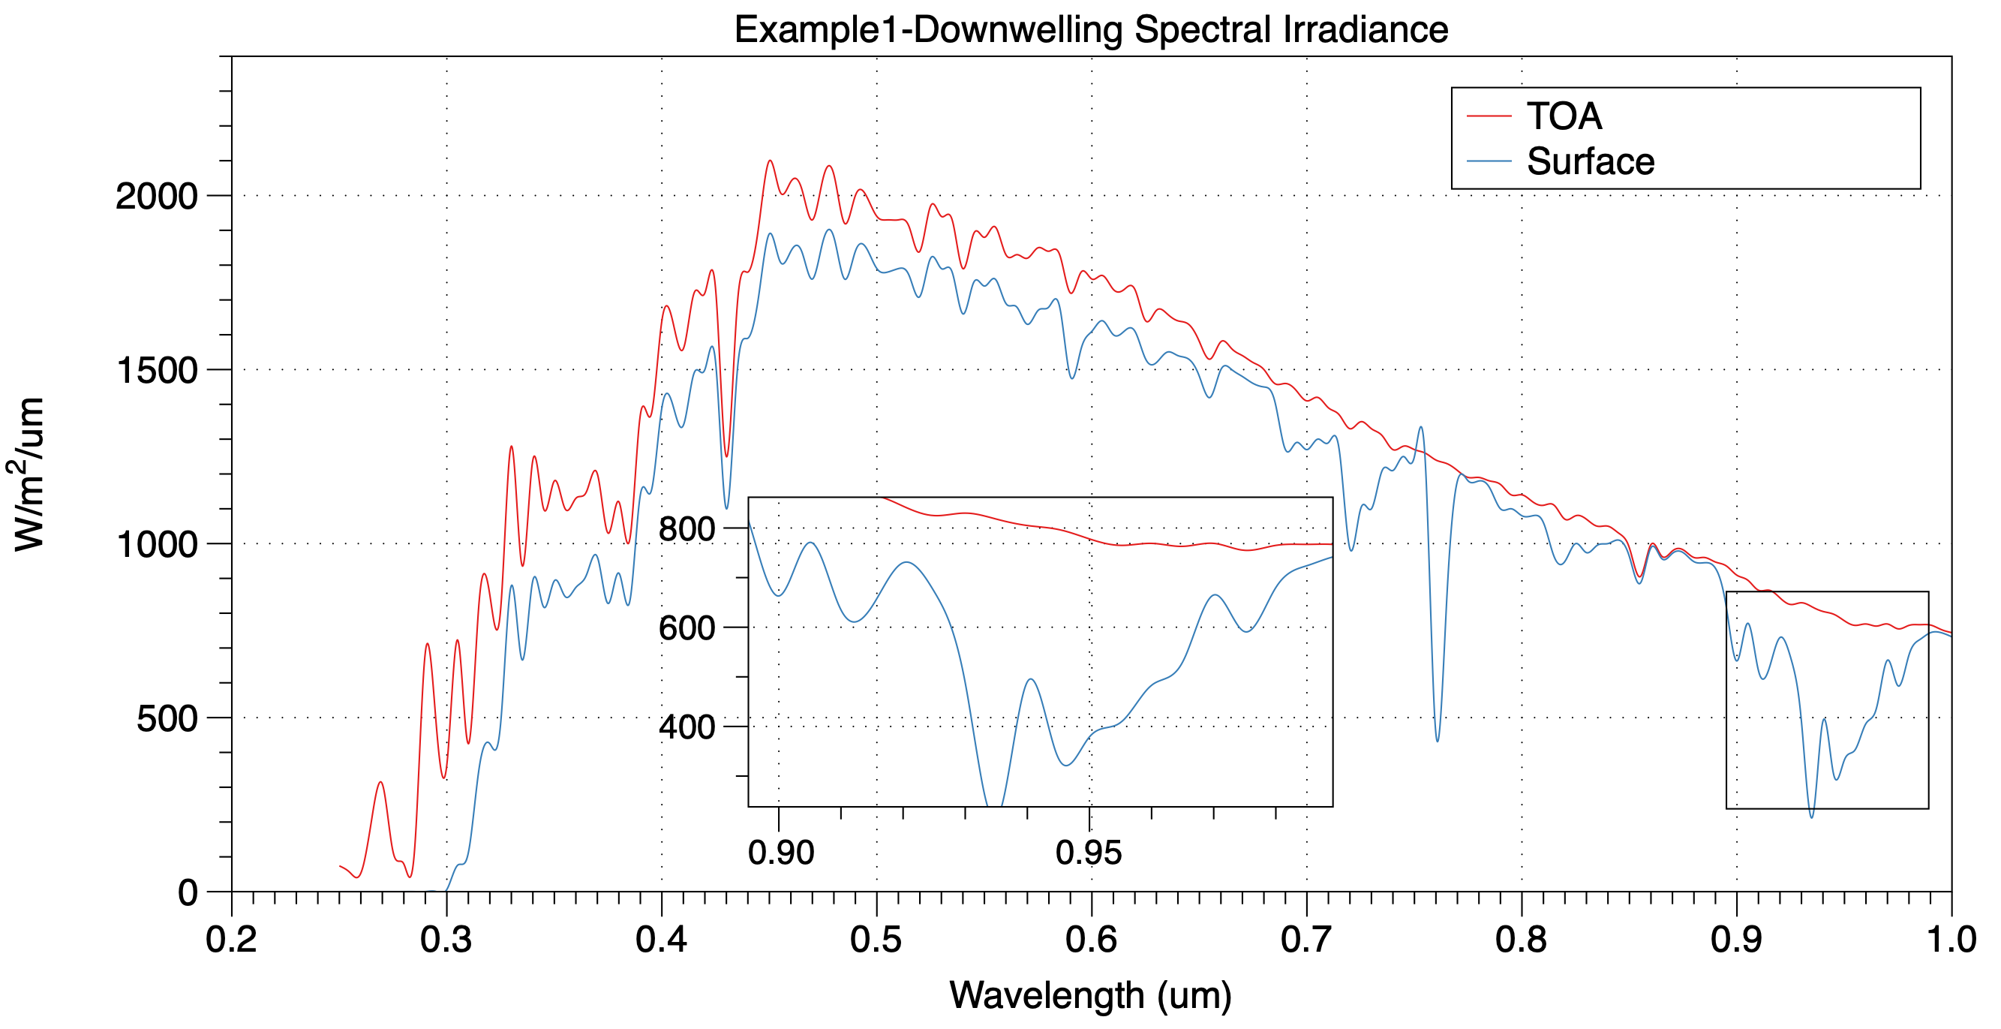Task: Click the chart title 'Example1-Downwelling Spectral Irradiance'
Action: (1091, 29)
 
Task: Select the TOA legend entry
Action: (1564, 116)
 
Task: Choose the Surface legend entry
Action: (1590, 161)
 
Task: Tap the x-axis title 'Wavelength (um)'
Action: (1091, 994)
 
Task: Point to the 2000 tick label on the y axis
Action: (157, 196)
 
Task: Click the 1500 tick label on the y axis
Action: (157, 370)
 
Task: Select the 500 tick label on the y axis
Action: (167, 719)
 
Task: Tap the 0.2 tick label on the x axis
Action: (232, 940)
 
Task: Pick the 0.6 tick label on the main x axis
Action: (1091, 940)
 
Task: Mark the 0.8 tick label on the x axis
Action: (1521, 940)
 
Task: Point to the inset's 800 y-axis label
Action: (687, 529)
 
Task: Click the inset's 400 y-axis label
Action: (687, 727)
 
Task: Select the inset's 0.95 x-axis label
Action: (1088, 853)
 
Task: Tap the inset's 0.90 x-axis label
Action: (781, 853)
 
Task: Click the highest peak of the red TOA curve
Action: (770, 161)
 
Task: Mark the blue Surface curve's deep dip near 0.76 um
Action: (1437, 741)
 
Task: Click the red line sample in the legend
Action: (1489, 116)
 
